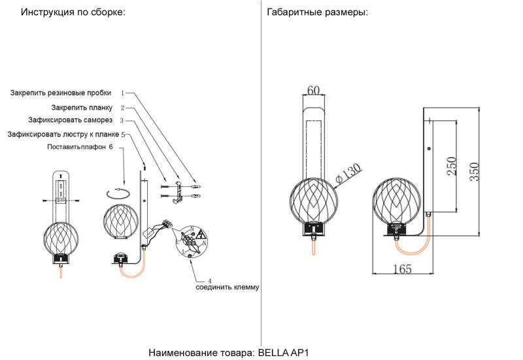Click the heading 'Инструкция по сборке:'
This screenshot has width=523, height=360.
click(73, 12)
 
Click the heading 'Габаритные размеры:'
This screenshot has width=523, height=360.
click(317, 12)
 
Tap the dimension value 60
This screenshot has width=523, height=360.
click(313, 90)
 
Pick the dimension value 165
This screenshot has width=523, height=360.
click(401, 269)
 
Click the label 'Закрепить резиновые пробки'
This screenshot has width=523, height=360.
click(61, 93)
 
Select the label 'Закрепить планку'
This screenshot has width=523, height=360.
click(82, 107)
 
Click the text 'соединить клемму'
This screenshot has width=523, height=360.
click(228, 287)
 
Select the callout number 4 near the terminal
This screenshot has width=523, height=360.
click(209, 279)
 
